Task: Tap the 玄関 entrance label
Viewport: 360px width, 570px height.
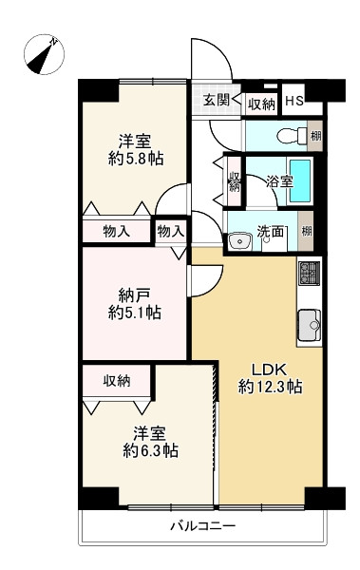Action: tap(215, 102)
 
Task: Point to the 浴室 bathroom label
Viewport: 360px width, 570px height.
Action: tap(279, 180)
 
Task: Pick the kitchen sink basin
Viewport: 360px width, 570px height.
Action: tap(311, 325)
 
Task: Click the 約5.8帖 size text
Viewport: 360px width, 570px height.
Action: tap(134, 158)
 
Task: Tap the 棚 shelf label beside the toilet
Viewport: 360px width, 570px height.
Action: tap(315, 136)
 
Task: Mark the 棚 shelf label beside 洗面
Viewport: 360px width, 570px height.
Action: tap(305, 231)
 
